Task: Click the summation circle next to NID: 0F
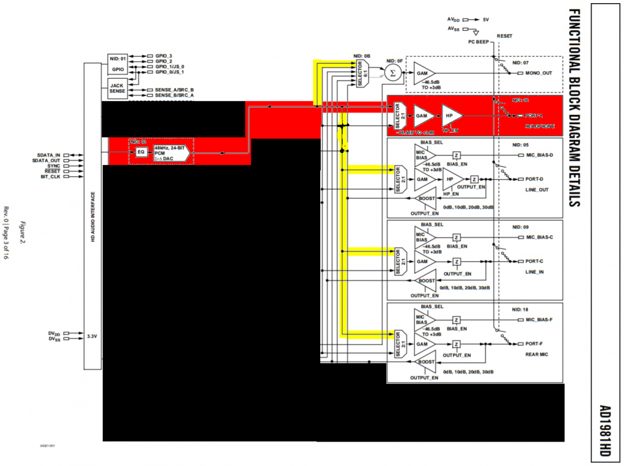[392, 73]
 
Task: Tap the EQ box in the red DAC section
[140, 151]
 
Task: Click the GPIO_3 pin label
[162, 56]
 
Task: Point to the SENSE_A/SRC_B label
[170, 90]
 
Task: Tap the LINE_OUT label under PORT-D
[536, 190]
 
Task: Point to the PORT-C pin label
[534, 261]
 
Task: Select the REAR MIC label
[537, 354]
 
